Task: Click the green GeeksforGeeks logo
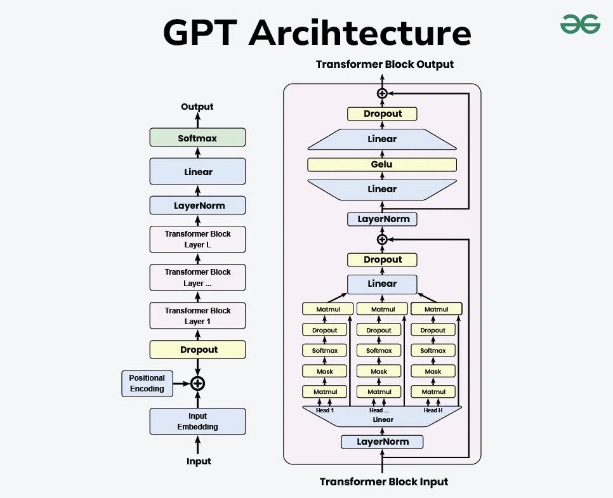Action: tap(580, 24)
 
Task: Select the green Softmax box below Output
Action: tap(197, 138)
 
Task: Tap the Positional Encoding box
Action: tap(147, 383)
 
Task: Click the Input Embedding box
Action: tap(197, 421)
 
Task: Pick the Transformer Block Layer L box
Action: tap(197, 239)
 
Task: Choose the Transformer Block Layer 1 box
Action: tap(197, 315)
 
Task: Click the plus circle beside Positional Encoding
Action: tap(198, 383)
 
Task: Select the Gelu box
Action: tap(382, 164)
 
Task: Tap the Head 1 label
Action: tap(325, 410)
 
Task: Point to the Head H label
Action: tap(433, 410)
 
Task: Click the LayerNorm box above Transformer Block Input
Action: tap(383, 442)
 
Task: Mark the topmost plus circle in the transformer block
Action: tap(382, 93)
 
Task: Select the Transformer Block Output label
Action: tap(385, 64)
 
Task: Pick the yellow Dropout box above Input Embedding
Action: tap(197, 350)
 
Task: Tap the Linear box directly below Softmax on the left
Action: tap(197, 171)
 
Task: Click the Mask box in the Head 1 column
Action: tap(324, 371)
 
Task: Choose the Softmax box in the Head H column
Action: tap(433, 350)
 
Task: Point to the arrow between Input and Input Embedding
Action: tap(198, 445)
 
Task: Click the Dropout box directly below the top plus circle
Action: tap(383, 114)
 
